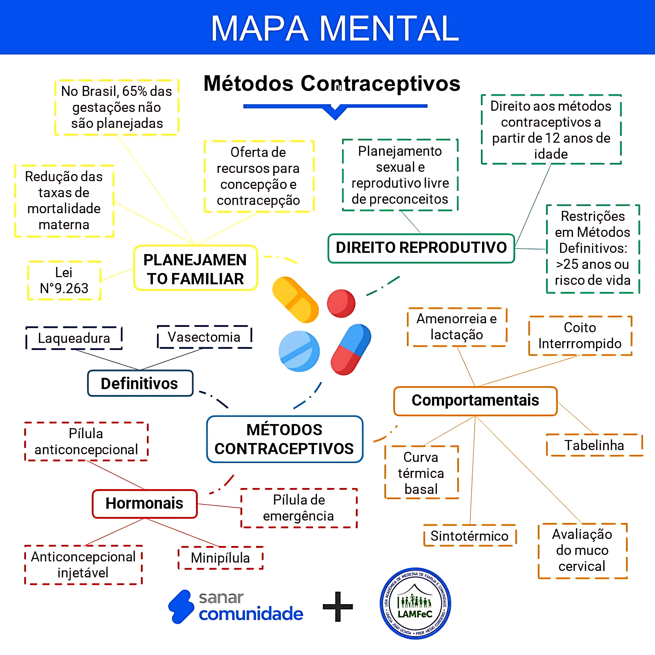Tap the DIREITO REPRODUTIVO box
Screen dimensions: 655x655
click(421, 248)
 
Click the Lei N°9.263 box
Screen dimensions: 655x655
click(64, 280)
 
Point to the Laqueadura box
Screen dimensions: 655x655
click(74, 338)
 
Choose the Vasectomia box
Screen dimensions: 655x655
click(204, 337)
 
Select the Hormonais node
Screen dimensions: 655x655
click(144, 503)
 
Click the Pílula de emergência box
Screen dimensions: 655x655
click(299, 508)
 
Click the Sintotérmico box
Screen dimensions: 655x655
click(470, 536)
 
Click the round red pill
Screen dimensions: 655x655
click(341, 303)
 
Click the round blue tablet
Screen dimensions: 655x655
click(299, 351)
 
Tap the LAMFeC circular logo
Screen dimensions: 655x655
click(415, 603)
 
